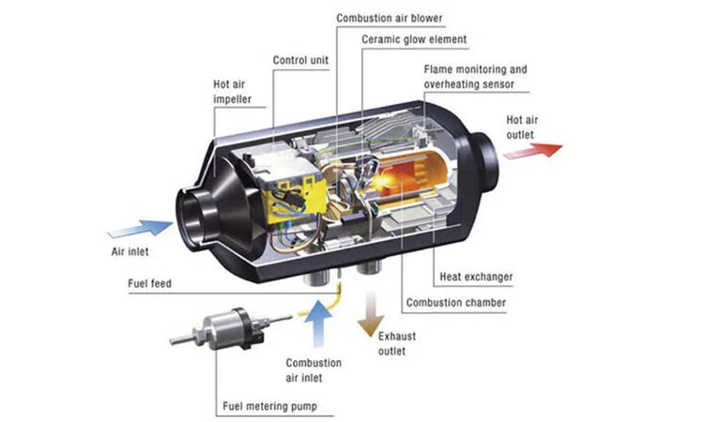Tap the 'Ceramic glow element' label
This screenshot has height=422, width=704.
[414, 39]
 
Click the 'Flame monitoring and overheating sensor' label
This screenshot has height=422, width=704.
[475, 77]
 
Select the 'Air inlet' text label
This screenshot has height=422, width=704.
[127, 251]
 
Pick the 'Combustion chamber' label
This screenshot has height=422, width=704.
[455, 303]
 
